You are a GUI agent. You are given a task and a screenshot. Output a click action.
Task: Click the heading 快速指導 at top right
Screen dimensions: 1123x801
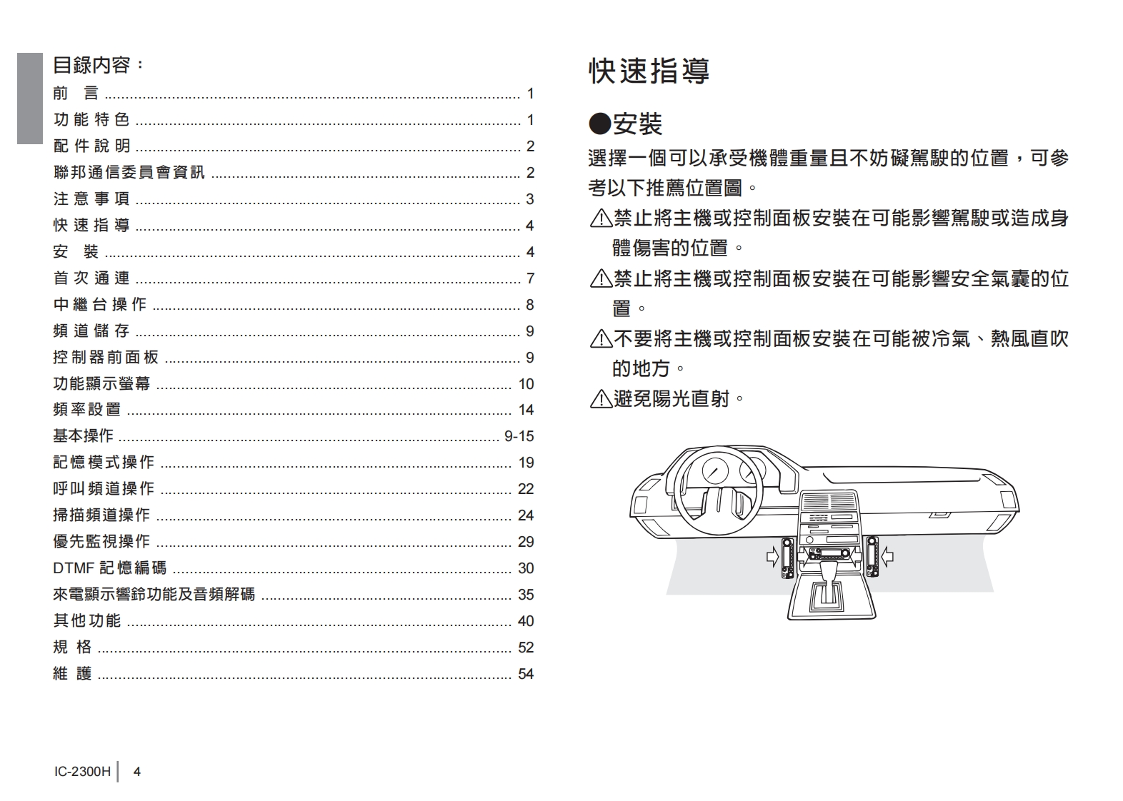(649, 71)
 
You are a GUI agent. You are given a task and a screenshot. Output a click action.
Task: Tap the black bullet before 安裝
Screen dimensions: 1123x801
(599, 124)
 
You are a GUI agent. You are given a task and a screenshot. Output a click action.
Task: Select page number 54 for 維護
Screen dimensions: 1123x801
(526, 674)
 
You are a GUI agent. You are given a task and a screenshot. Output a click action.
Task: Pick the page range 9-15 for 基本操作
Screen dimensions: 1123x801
(519, 436)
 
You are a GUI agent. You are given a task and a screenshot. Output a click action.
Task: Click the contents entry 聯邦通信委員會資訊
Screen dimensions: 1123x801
(129, 173)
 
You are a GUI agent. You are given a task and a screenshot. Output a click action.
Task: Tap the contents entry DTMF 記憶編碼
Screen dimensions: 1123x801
(110, 568)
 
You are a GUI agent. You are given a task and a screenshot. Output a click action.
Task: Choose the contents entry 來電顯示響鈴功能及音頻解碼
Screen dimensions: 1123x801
(154, 595)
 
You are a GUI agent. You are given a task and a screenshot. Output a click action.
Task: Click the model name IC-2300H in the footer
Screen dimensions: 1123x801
(82, 772)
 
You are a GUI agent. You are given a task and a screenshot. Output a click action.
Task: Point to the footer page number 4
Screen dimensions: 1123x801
(137, 772)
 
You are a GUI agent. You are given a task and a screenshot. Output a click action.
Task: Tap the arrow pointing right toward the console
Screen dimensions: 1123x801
(772, 555)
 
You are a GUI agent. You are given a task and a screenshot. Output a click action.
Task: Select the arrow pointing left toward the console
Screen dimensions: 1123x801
(887, 555)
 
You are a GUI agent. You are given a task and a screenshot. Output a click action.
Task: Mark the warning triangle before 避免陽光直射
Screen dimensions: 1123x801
(600, 399)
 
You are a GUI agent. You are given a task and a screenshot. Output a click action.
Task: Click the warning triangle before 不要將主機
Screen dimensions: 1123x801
(600, 339)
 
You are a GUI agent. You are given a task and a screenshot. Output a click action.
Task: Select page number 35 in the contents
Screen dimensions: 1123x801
(526, 595)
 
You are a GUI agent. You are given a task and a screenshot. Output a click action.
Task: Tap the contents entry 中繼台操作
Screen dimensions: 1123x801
(100, 305)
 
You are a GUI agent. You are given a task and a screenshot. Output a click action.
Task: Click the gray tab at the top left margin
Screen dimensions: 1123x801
(30, 99)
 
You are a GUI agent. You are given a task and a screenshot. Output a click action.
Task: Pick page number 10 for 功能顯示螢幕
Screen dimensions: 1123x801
(526, 384)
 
